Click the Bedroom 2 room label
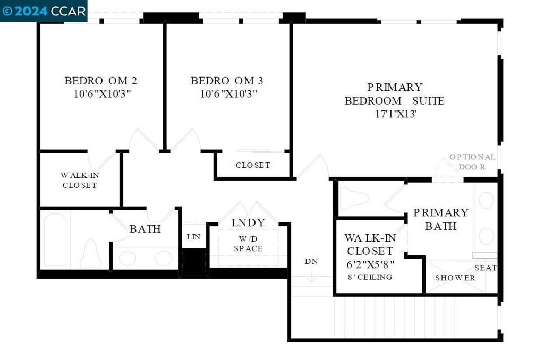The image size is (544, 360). point(100,81)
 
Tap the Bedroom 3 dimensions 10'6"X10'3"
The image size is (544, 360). point(228,93)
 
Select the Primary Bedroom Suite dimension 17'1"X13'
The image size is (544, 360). point(395,114)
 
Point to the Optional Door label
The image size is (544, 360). point(472,161)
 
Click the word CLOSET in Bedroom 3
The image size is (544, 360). point(253,165)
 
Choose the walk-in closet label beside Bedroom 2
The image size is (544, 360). point(80,180)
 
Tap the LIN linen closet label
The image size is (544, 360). point(193,237)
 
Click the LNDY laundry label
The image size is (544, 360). point(249,222)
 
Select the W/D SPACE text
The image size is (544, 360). point(249,244)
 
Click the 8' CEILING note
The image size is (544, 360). point(370,277)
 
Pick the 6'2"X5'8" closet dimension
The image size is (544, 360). point(370,264)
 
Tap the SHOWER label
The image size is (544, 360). point(455,278)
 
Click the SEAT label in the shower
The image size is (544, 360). point(486,268)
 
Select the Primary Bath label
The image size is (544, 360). point(441,219)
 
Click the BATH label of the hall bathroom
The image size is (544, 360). point(145,229)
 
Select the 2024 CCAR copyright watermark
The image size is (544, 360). point(44,11)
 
